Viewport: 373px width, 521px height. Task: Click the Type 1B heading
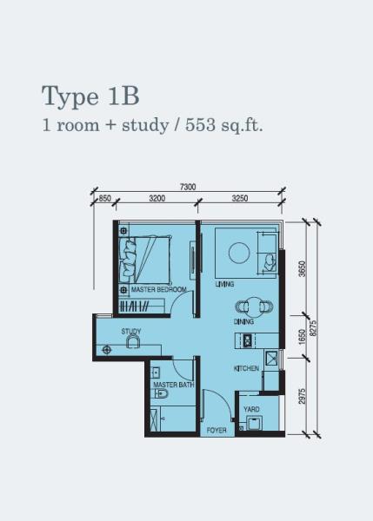point(90,96)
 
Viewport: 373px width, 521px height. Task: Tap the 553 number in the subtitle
point(200,125)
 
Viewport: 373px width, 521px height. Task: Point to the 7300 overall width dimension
point(188,187)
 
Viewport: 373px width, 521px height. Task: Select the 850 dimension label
point(104,198)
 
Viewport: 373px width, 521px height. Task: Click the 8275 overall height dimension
point(313,328)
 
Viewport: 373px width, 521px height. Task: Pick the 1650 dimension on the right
point(302,337)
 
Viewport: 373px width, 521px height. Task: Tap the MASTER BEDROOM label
point(159,289)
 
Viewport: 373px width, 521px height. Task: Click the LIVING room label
point(224,284)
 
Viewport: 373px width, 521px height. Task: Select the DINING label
point(243,321)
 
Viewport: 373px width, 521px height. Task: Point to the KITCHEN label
point(246,368)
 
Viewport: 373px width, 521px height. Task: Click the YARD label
point(251,409)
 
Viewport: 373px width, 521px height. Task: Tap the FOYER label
point(216,431)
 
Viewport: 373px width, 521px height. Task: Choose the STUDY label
point(131,332)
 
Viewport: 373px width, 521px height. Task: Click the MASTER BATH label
point(174,385)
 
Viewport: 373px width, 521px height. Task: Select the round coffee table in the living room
point(239,253)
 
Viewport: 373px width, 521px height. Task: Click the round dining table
point(254,307)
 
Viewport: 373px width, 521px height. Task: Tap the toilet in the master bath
point(159,393)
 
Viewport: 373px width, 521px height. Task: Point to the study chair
point(133,341)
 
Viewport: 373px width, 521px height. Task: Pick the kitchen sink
point(272,358)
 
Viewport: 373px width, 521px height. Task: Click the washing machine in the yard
point(255,423)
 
